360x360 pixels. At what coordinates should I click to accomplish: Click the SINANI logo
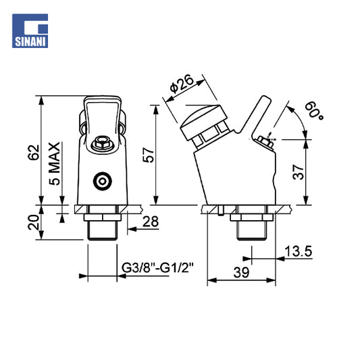[x=30, y=31]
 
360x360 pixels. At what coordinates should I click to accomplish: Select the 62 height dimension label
[x=34, y=153]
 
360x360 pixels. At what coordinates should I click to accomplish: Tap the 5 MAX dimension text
[x=55, y=163]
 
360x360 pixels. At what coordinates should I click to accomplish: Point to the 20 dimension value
[x=33, y=222]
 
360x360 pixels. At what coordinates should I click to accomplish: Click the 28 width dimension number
[x=151, y=222]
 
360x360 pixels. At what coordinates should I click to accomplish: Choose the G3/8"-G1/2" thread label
[x=157, y=268]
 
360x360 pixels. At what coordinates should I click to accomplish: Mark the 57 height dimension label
[x=149, y=155]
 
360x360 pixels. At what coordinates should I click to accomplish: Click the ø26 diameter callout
[x=182, y=84]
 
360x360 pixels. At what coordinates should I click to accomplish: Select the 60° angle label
[x=314, y=110]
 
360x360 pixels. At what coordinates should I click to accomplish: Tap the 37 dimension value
[x=299, y=172]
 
